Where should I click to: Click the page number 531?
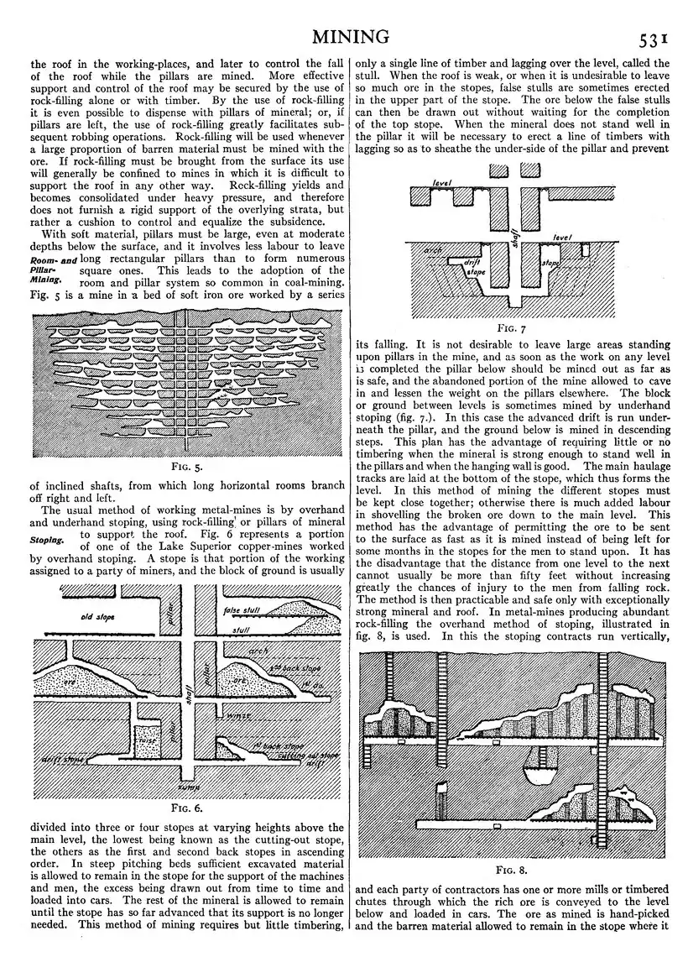pyautogui.click(x=651, y=39)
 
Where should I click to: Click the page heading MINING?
pyautogui.click(x=350, y=36)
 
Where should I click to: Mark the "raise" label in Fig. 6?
pyautogui.click(x=148, y=741)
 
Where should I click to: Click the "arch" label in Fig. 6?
pyautogui.click(x=258, y=651)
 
